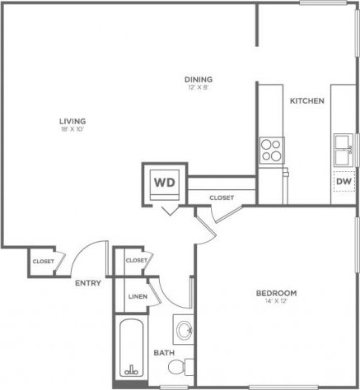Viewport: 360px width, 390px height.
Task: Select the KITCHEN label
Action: [306, 101]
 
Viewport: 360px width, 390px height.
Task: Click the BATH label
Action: [162, 354]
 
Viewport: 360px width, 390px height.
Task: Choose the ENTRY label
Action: [87, 283]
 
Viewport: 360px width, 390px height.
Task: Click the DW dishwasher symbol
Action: [343, 182]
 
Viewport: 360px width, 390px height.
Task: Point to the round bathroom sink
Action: [185, 332]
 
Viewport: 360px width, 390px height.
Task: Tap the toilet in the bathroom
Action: [187, 367]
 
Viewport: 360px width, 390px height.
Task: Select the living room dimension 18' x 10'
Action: [73, 130]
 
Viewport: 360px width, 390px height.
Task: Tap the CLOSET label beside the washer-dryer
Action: [221, 197]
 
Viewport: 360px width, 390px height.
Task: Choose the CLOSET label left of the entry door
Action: [43, 262]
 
